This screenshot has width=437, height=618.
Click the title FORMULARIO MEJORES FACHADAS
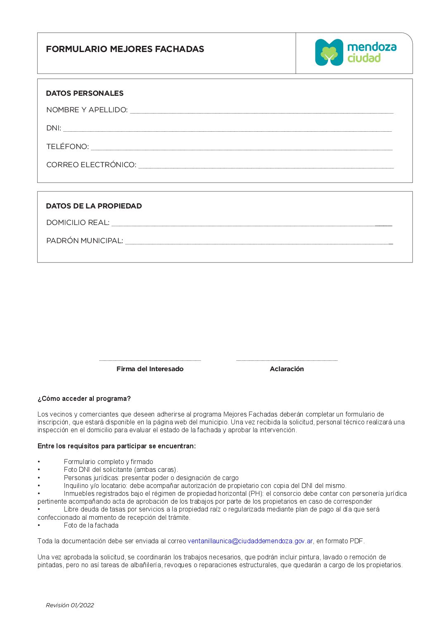[x=125, y=49]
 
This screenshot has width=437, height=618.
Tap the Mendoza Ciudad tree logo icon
[x=329, y=52]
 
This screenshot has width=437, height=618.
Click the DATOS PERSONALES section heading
[x=85, y=93]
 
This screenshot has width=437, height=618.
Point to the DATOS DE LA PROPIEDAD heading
[x=94, y=206]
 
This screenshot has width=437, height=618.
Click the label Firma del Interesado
[x=150, y=369]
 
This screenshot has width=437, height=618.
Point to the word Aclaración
[x=287, y=369]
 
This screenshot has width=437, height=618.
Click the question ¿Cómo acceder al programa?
[x=84, y=399]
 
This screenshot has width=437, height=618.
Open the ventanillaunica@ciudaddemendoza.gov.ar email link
[x=250, y=541]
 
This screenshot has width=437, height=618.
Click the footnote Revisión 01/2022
[x=70, y=605]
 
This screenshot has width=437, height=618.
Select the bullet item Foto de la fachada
[x=91, y=526]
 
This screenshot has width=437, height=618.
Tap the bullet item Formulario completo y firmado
[x=109, y=462]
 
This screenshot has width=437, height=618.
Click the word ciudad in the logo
[x=364, y=58]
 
